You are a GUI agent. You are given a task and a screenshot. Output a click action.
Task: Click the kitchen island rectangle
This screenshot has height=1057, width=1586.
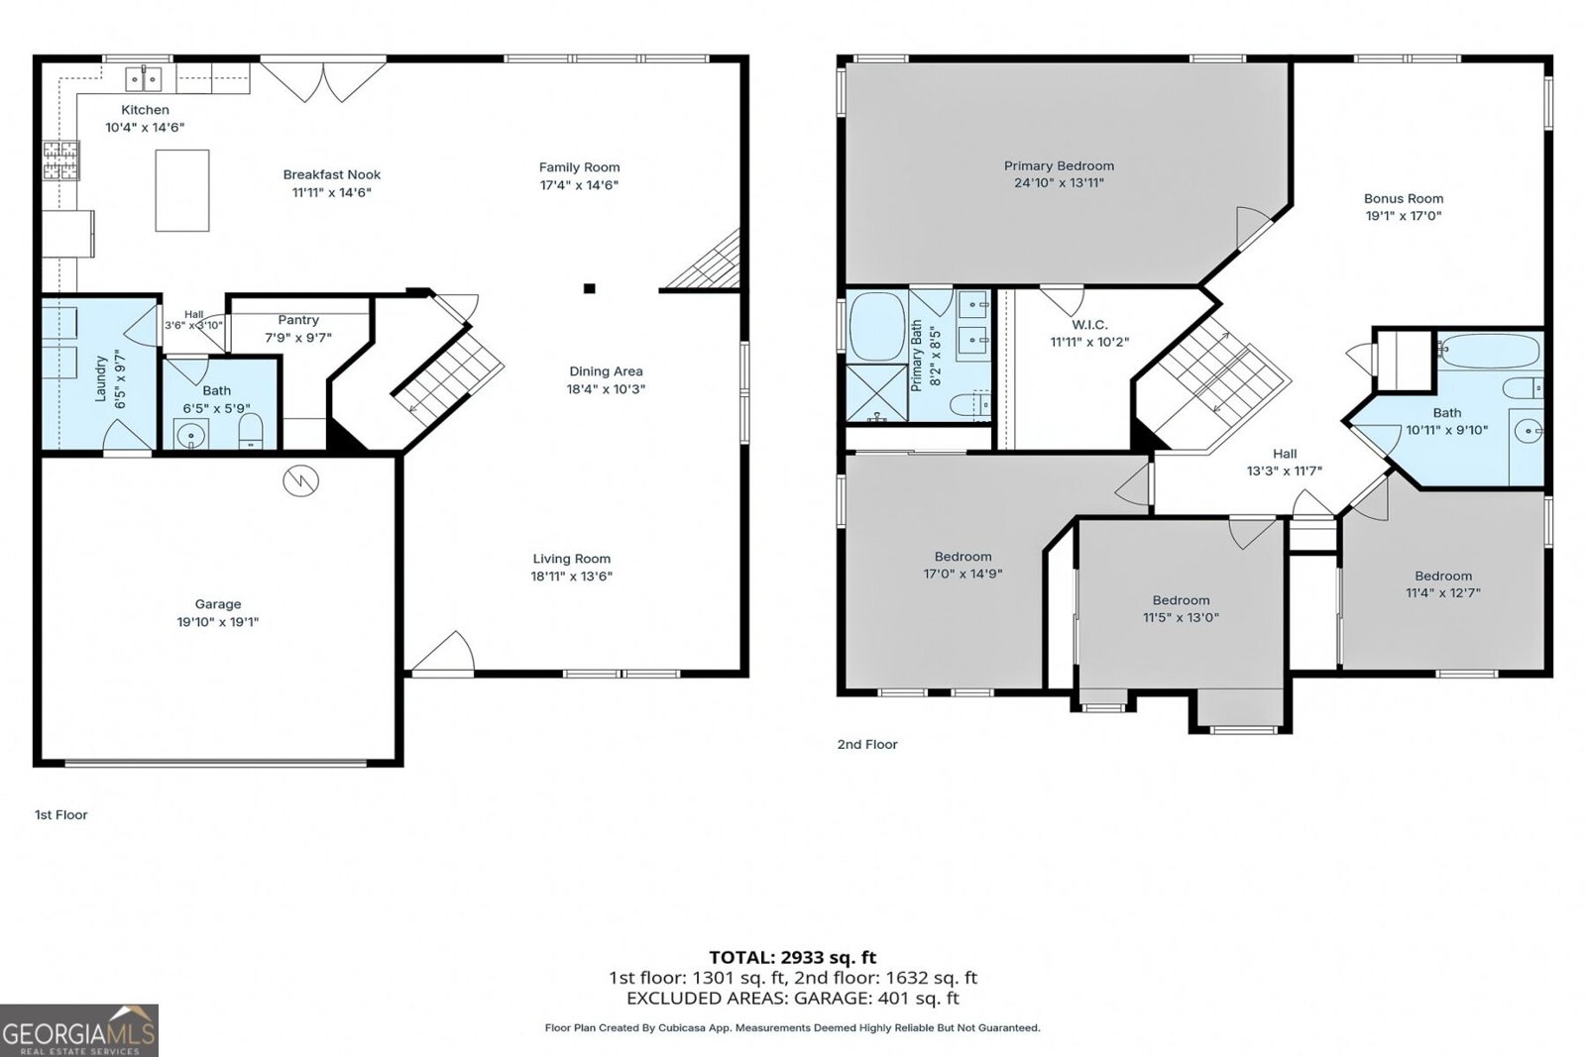click(182, 190)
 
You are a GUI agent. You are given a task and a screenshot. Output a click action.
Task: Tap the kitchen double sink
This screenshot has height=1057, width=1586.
click(144, 79)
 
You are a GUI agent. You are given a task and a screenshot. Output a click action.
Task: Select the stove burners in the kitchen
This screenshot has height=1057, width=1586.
click(60, 160)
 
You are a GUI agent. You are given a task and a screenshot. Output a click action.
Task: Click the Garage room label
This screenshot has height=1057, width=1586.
click(218, 604)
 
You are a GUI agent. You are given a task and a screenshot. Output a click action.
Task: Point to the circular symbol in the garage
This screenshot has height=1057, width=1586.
click(301, 481)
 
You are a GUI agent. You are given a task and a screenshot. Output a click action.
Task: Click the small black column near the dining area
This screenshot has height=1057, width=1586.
click(589, 288)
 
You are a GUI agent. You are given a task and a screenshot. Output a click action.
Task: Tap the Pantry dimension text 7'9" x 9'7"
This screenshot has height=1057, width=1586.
click(298, 338)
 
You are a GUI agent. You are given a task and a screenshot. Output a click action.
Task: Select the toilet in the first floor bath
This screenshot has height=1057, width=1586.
click(251, 432)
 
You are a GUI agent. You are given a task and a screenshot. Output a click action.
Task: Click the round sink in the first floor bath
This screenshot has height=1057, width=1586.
click(190, 435)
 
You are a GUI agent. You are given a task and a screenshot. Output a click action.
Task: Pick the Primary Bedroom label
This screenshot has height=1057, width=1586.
click(1060, 165)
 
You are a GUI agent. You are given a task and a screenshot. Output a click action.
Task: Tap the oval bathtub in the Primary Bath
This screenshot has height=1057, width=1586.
click(877, 326)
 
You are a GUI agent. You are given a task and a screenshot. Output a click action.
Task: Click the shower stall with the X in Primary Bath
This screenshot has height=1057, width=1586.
click(877, 393)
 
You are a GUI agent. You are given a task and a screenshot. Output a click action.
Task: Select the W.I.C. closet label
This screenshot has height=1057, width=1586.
click(1089, 325)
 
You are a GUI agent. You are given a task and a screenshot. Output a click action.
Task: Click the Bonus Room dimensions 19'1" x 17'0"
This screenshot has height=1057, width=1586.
click(1404, 216)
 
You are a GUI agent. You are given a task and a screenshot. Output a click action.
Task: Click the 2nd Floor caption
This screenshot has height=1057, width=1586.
click(867, 744)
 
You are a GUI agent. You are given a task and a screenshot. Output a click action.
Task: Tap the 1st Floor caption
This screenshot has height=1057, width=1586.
click(60, 815)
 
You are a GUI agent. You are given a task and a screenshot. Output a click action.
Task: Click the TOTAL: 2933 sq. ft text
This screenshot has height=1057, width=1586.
click(792, 957)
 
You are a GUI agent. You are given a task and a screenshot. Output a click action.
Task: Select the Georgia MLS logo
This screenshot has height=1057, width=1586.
click(79, 1031)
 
